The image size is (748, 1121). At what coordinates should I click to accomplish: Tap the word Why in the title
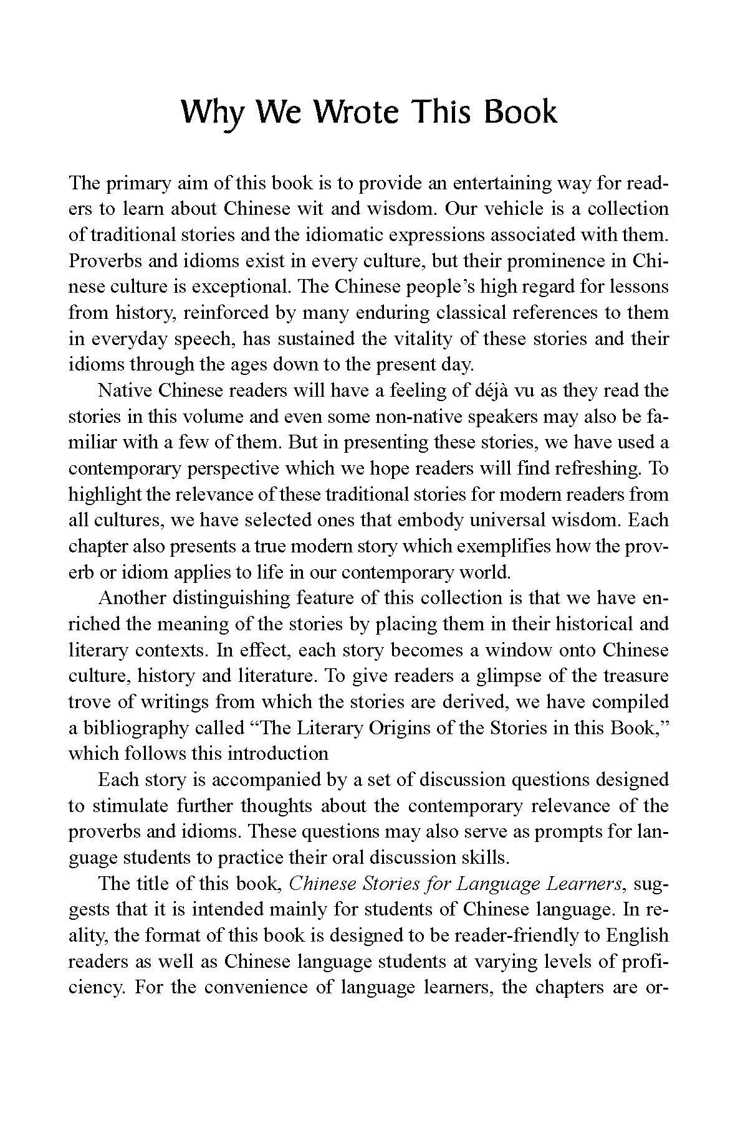pos(215,113)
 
